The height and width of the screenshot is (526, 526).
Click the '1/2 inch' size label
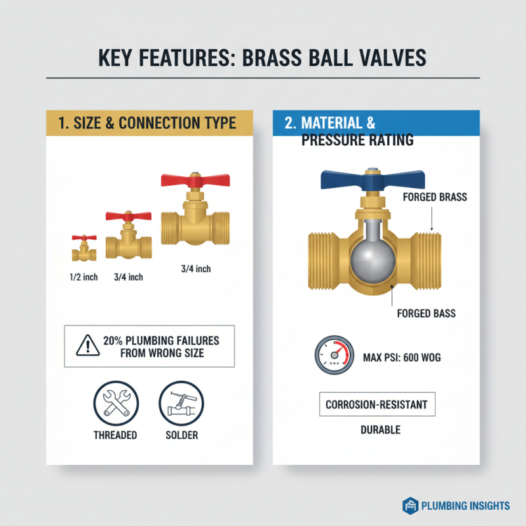84,277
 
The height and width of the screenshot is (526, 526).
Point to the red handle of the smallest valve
84,237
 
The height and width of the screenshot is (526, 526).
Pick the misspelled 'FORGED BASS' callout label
426,314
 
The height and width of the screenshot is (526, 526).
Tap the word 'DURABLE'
380,430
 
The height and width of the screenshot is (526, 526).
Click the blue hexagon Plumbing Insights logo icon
410,505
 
